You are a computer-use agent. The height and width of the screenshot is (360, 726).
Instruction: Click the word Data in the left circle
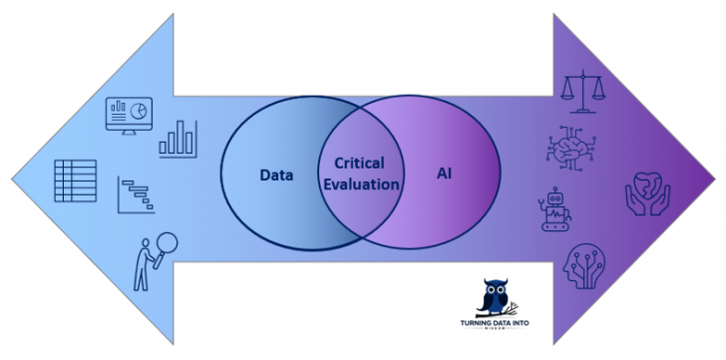(276, 175)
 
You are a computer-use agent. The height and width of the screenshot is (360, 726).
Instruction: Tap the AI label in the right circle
(445, 174)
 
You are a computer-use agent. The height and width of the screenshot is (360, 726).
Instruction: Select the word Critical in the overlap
(359, 163)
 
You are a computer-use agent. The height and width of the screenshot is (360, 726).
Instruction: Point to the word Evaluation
(360, 184)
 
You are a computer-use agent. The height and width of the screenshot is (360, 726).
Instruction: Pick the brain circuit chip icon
(569, 147)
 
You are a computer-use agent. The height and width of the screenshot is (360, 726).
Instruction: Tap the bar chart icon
(180, 139)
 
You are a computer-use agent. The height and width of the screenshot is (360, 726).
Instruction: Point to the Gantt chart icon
(137, 194)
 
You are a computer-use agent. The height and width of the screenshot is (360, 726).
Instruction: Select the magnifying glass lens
(166, 241)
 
